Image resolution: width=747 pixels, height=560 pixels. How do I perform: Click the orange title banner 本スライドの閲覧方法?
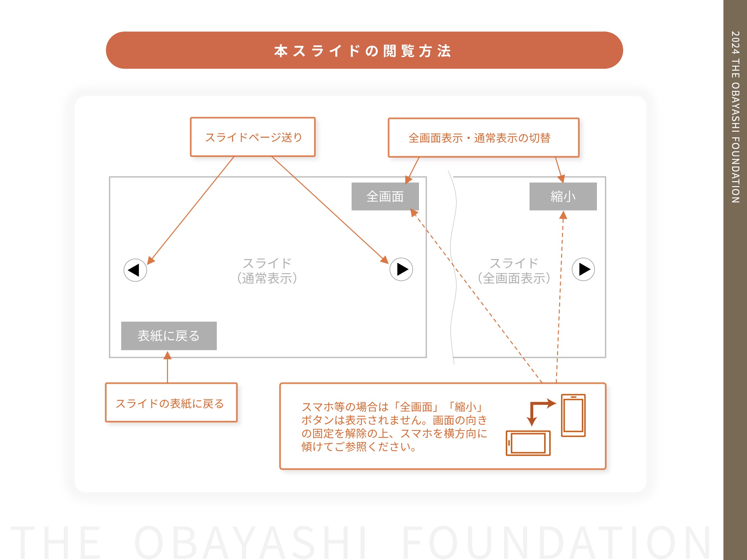tap(364, 50)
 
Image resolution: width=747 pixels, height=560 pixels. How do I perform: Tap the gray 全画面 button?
tap(385, 196)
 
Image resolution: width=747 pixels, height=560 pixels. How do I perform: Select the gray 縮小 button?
tap(563, 196)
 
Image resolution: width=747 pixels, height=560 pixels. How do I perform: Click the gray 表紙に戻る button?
tap(169, 336)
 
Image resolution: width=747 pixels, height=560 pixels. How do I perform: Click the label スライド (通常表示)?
tap(267, 271)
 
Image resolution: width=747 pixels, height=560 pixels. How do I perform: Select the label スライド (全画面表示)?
tap(514, 271)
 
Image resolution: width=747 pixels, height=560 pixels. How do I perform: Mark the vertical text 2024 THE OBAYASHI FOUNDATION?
tap(735, 117)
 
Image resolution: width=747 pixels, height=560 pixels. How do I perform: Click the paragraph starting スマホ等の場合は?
tap(394, 427)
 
